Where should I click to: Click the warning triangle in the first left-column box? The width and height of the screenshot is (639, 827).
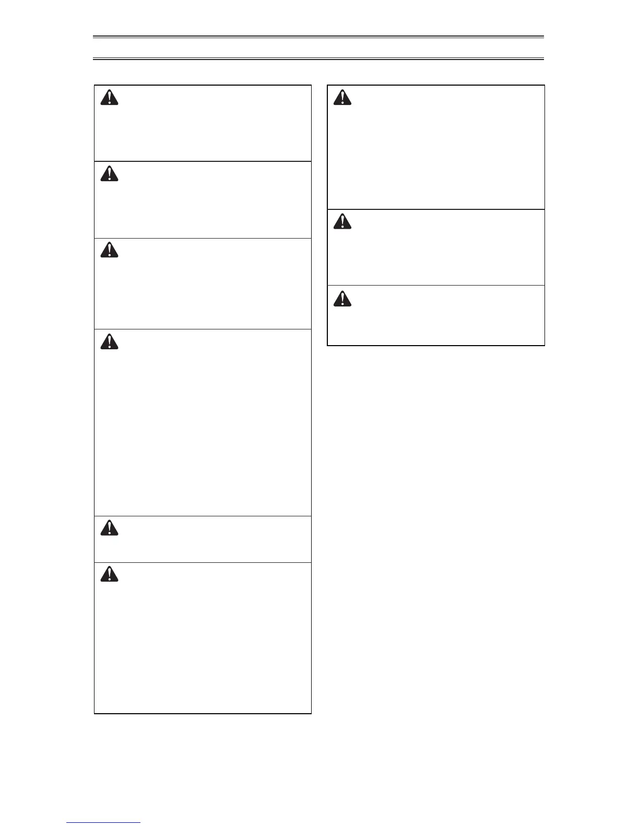[x=109, y=98]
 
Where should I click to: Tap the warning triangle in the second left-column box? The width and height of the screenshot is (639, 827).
[x=109, y=173]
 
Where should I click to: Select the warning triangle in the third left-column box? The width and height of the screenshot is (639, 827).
[x=109, y=250]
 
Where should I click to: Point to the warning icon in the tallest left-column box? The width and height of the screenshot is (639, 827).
[x=109, y=341]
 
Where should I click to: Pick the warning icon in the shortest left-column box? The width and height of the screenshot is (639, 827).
[x=109, y=528]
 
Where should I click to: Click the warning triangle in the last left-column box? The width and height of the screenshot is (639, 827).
[x=109, y=574]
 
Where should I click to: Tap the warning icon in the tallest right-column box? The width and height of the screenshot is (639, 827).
[x=342, y=98]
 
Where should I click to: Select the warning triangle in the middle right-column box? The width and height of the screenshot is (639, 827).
[x=342, y=222]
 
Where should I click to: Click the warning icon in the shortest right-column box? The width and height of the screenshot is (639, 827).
[x=342, y=298]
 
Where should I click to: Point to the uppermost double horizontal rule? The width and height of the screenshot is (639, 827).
[x=318, y=37]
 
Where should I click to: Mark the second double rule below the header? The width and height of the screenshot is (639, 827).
[x=318, y=59]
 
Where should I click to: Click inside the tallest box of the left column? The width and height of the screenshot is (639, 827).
[x=203, y=423]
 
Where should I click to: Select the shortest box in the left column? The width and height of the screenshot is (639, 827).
[x=203, y=539]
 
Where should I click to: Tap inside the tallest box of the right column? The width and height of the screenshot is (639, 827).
[x=436, y=147]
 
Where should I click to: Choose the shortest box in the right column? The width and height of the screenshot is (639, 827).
[x=436, y=315]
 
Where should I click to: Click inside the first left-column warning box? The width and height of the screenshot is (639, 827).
[x=203, y=123]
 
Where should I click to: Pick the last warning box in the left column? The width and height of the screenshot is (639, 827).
[x=203, y=638]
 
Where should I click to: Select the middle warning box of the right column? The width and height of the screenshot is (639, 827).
[x=436, y=247]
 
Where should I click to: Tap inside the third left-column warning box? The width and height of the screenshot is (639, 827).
[x=203, y=284]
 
